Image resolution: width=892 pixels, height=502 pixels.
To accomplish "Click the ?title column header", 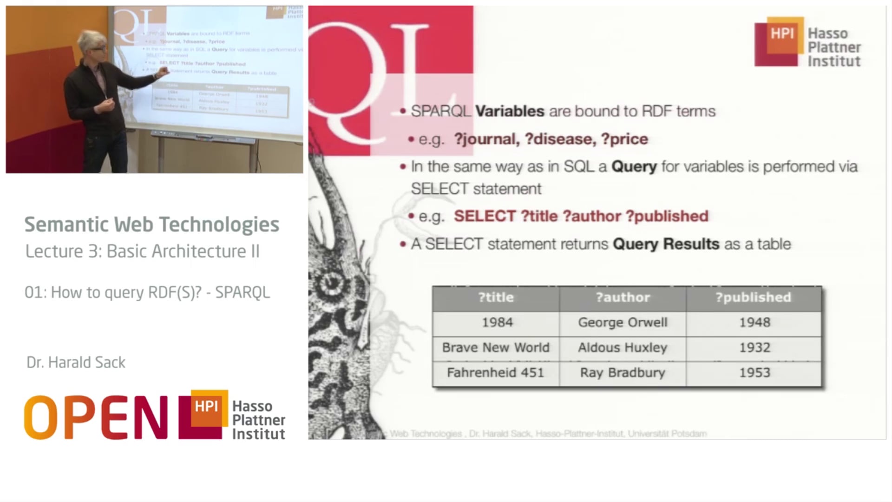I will pos(496,297).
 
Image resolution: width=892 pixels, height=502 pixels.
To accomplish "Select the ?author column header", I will pos(623,297).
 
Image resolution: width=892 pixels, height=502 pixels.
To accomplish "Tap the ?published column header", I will pos(753,297).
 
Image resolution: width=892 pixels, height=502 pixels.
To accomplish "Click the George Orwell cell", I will pos(623,323).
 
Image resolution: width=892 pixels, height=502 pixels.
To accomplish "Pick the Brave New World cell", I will pos(496,348).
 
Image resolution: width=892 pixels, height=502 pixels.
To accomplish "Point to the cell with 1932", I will pos(754,348).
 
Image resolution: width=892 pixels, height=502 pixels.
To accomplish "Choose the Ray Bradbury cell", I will pos(623,373).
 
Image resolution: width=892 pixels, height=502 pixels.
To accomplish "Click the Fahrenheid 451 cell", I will pos(495,373).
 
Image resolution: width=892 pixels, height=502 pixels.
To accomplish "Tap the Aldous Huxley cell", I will pos(623,348).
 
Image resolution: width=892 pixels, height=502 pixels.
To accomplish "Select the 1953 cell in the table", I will pos(754,373).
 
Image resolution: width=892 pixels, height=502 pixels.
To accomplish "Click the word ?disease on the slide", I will pos(560,139).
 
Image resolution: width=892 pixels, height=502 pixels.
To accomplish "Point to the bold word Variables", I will pos(510,112).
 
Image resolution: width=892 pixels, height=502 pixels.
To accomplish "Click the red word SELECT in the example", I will pos(485,216).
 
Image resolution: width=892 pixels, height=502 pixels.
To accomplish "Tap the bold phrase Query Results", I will pos(666,244).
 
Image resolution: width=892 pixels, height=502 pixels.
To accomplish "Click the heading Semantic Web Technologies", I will pos(151,225).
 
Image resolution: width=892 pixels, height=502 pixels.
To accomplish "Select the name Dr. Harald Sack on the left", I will pos(76,363).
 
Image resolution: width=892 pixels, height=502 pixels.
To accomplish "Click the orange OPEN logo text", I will pos(96,417).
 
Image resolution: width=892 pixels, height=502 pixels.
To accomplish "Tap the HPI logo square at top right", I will pos(782,34).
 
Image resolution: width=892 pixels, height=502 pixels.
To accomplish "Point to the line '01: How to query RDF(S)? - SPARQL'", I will pos(147,292).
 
